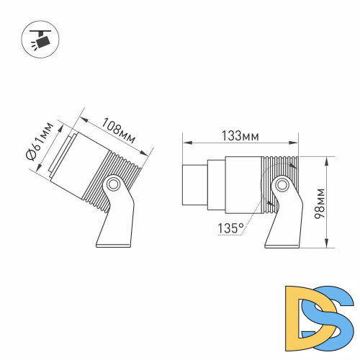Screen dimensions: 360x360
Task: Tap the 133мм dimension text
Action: (240, 136)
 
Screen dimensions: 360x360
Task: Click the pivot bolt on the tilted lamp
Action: (112, 185)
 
